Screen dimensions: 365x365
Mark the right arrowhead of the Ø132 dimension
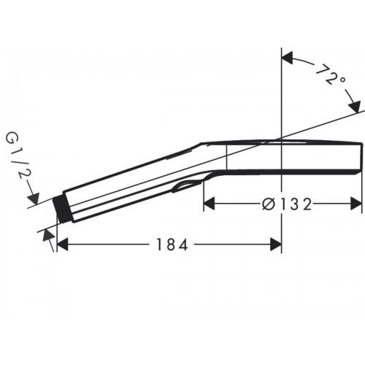(x=357, y=205)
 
